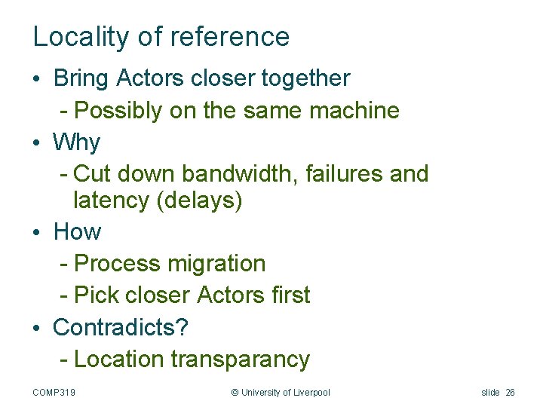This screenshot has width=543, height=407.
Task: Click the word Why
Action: pyautogui.click(x=77, y=142)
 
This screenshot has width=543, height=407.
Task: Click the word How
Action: pyautogui.click(x=77, y=232)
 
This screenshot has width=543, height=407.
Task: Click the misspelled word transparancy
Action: pyautogui.click(x=241, y=360)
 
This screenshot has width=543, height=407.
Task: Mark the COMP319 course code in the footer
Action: pyautogui.click(x=60, y=393)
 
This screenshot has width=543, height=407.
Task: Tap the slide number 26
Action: pyautogui.click(x=511, y=393)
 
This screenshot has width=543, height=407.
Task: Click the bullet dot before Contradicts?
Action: pyautogui.click(x=38, y=328)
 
